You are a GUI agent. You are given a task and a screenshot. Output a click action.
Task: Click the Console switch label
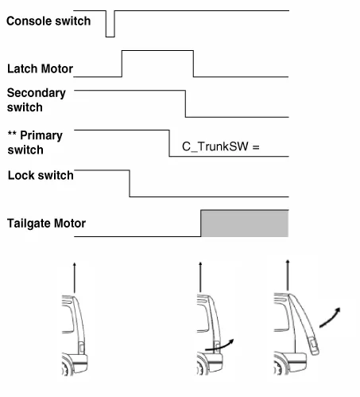48,21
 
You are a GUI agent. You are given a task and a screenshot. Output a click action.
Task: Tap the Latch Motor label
40,68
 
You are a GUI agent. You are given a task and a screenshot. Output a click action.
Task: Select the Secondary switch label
37,100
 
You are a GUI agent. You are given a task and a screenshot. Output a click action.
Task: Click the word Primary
41,135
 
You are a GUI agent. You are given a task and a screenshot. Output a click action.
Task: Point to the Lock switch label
41,175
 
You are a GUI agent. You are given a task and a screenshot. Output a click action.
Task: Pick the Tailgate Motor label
46,224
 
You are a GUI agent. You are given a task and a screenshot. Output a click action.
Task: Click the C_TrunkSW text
215,146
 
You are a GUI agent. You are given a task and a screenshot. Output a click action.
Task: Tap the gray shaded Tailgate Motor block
245,224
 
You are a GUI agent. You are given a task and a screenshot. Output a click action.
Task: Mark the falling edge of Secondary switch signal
185,103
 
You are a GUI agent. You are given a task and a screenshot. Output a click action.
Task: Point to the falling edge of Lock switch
130,184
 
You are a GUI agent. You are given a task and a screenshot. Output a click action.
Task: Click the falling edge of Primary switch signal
169,143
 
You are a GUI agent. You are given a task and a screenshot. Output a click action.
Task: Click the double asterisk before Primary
12,133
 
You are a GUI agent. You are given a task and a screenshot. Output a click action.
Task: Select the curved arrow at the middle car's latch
220,346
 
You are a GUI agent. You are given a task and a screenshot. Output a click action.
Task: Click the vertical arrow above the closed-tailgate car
75,278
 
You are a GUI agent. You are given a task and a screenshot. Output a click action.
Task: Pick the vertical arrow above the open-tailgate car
288,275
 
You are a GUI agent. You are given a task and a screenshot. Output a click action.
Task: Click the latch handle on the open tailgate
313,345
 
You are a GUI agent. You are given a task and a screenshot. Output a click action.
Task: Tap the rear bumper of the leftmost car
79,364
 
